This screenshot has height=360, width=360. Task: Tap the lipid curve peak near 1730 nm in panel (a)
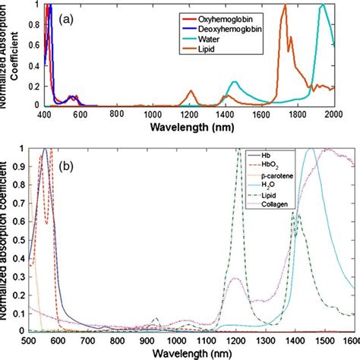click(284, 6)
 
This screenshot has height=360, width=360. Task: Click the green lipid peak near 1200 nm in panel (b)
click(238, 150)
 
